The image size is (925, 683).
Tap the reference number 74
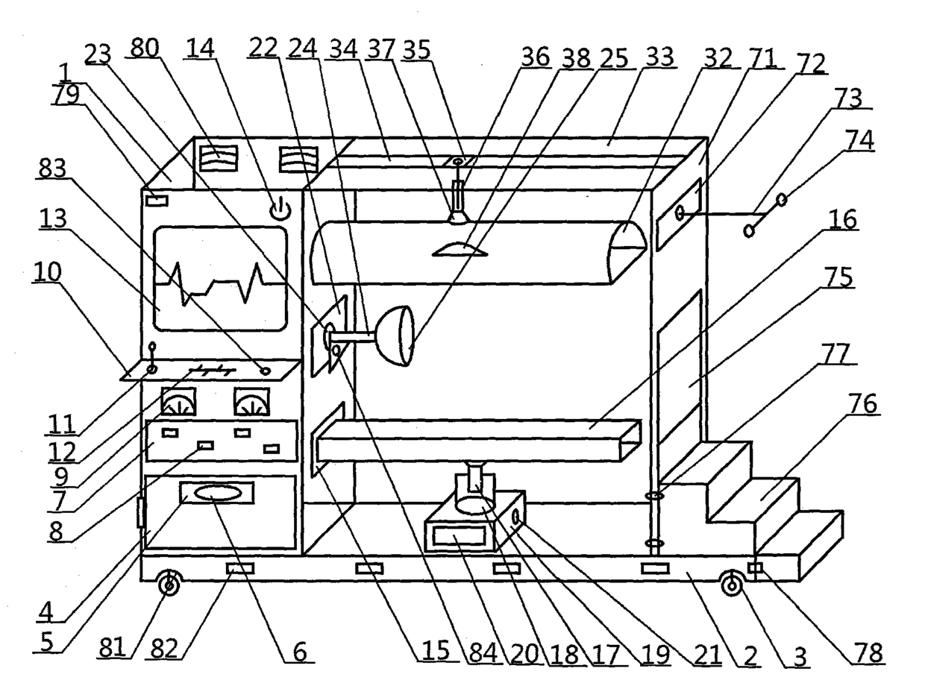[x=862, y=140]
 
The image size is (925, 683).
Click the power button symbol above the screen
[x=279, y=210]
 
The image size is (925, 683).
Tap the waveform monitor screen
[x=220, y=279]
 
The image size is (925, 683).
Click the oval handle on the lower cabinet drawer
[x=216, y=493]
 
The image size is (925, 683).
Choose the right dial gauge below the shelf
[x=249, y=403]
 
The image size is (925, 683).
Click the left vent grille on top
[x=218, y=157]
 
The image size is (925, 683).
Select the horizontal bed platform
[x=477, y=441]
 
